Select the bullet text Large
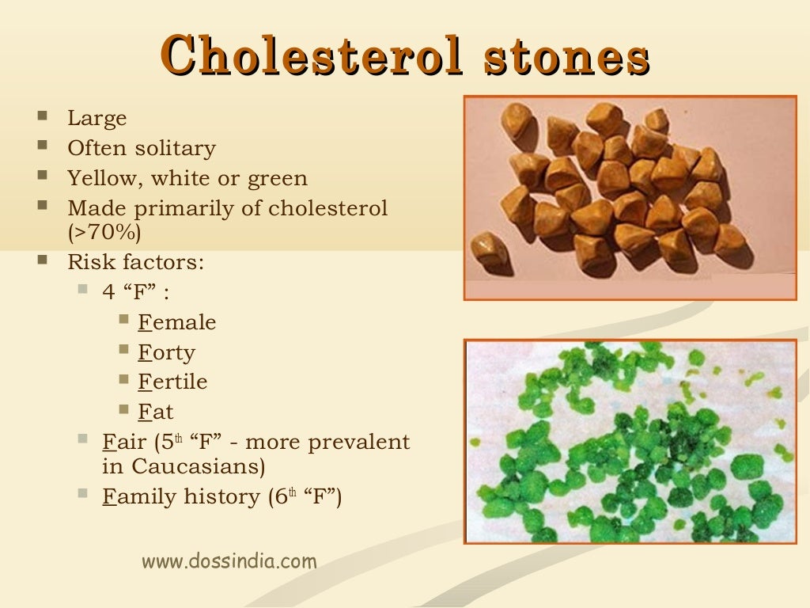(97, 119)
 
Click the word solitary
(176, 149)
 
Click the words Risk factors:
(135, 262)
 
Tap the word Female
(176, 323)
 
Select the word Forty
(166, 352)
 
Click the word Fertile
(172, 382)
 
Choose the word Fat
(155, 412)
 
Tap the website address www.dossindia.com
(229, 561)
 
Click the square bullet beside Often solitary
(41, 146)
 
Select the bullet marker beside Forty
(124, 349)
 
